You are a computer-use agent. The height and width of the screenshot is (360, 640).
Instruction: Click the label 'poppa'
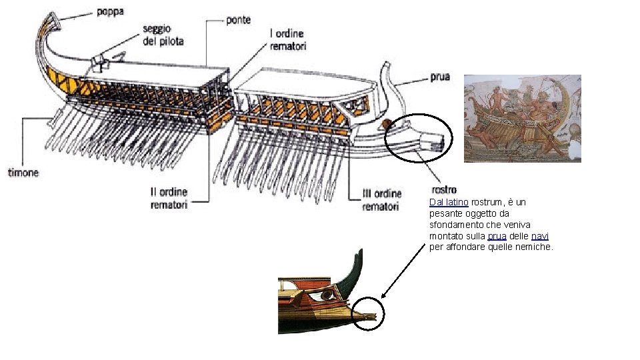[110, 11]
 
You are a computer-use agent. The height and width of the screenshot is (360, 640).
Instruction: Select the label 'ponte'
[238, 20]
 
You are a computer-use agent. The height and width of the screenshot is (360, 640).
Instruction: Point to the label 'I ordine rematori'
[287, 39]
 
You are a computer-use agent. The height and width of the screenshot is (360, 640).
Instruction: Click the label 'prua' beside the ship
[440, 77]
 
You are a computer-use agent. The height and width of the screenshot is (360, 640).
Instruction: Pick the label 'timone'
[23, 173]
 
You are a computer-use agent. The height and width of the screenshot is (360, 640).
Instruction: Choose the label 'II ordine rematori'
[169, 199]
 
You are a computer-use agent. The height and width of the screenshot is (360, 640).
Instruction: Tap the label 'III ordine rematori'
[382, 199]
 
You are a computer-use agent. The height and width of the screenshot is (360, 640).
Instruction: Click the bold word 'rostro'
[444, 191]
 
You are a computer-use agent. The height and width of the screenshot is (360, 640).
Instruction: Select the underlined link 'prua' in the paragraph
[497, 236]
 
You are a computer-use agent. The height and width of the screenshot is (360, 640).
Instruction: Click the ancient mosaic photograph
[522, 118]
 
